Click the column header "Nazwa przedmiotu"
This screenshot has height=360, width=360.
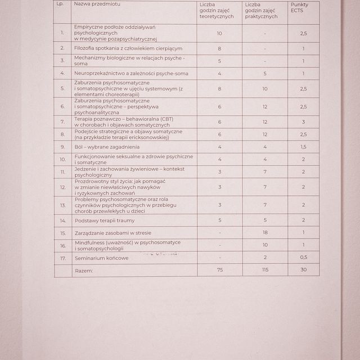[97, 4]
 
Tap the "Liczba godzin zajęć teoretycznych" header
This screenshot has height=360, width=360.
[219, 11]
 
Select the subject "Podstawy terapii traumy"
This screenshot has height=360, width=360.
[105, 220]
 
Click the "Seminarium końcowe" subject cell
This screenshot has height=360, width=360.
[101, 258]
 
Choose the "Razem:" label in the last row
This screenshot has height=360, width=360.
[84, 271]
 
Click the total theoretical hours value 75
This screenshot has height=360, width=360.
[219, 271]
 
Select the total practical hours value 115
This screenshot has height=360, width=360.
[265, 271]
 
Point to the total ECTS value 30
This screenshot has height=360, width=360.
[303, 271]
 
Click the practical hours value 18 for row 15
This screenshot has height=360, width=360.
[265, 233]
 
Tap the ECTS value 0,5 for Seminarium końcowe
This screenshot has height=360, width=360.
[303, 258]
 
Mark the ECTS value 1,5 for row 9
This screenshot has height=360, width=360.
[303, 146]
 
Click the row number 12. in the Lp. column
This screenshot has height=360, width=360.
[63, 187]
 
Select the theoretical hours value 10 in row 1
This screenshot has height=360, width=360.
[219, 33]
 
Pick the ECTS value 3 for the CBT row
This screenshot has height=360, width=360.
[303, 121]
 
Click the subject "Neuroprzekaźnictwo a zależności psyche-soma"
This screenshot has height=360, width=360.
[131, 74]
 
